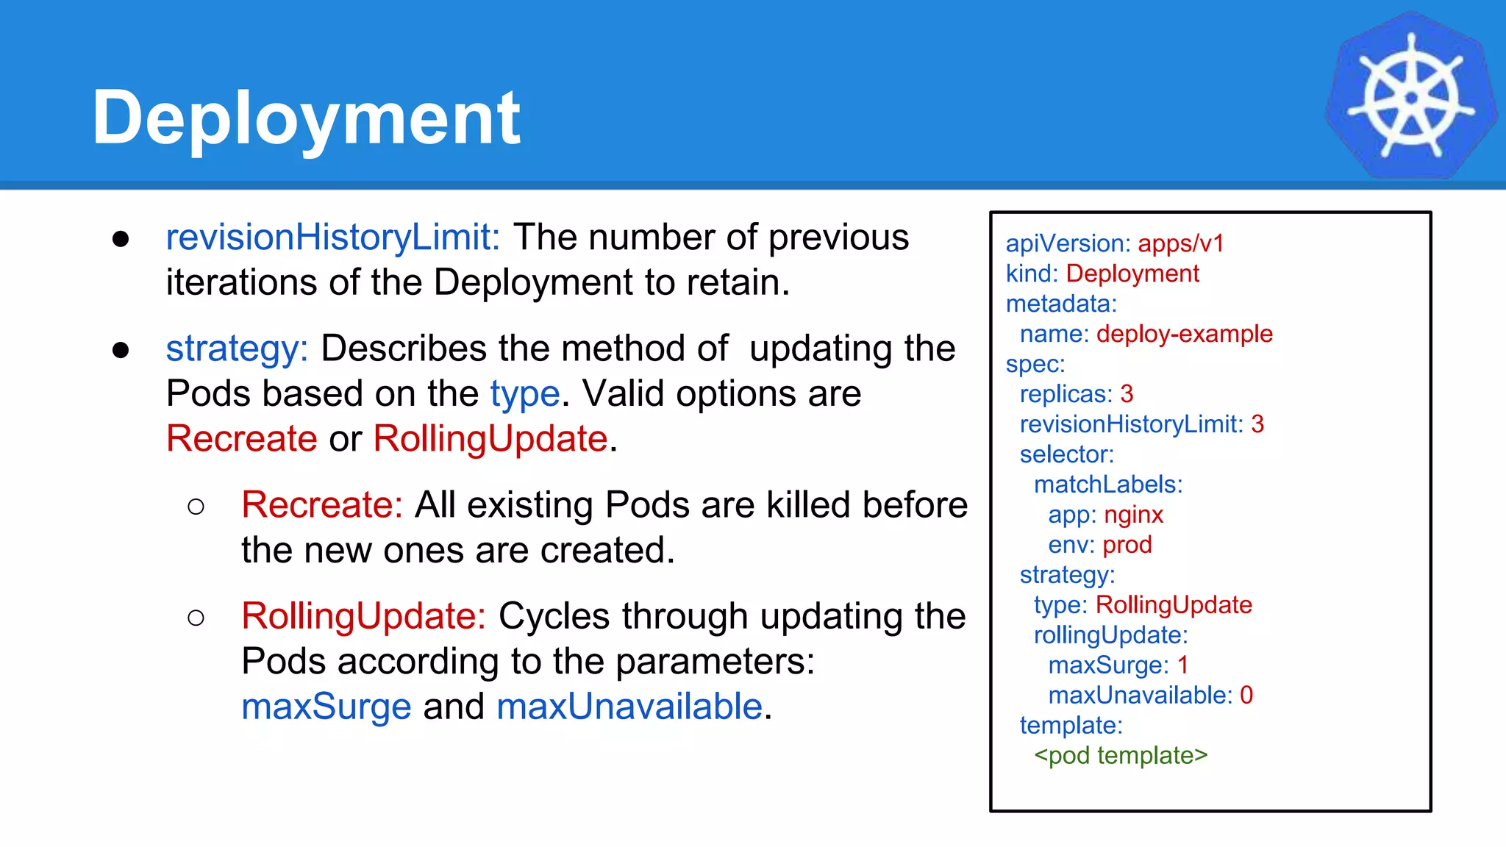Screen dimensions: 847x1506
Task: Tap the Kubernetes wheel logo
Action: pyautogui.click(x=1410, y=96)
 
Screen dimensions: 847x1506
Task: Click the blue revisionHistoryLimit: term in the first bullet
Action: pyautogui.click(x=332, y=237)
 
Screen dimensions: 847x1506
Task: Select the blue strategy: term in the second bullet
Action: pyautogui.click(x=236, y=349)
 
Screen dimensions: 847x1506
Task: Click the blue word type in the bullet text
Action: pyautogui.click(x=525, y=394)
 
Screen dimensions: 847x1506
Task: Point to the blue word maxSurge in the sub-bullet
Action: pyautogui.click(x=326, y=707)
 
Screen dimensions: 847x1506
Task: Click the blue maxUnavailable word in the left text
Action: pyautogui.click(x=629, y=707)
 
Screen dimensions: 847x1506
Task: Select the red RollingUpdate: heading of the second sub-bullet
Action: pyautogui.click(x=363, y=616)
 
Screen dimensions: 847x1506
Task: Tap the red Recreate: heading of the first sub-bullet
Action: pyautogui.click(x=321, y=505)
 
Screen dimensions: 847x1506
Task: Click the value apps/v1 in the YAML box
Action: pyautogui.click(x=1180, y=243)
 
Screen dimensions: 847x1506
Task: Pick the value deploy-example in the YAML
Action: pyautogui.click(x=1184, y=334)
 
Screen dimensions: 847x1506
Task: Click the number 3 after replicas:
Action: pyautogui.click(x=1127, y=394)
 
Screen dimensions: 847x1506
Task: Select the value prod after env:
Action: pyautogui.click(x=1127, y=545)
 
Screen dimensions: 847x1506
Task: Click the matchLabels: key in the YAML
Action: pyautogui.click(x=1107, y=485)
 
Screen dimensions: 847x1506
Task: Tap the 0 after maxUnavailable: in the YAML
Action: pyautogui.click(x=1246, y=696)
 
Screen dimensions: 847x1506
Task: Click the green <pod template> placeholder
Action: pyautogui.click(x=1120, y=756)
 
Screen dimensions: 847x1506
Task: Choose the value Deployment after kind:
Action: pyautogui.click(x=1132, y=274)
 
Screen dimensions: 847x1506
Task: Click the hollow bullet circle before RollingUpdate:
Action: pyautogui.click(x=196, y=618)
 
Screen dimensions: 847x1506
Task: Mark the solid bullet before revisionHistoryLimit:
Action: pyautogui.click(x=121, y=239)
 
